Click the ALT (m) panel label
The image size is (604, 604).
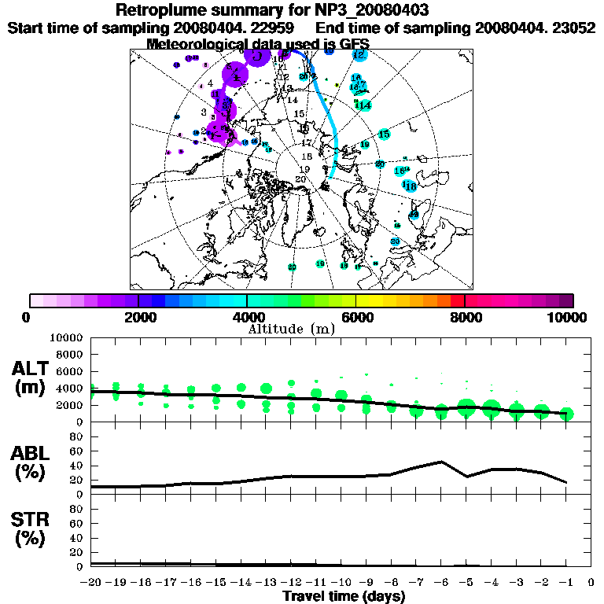pos(33,377)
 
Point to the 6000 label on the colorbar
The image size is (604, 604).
pos(356,317)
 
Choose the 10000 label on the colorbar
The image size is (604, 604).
pos(568,317)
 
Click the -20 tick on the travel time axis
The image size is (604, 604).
pos(91,583)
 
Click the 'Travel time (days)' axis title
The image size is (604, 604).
pos(344,596)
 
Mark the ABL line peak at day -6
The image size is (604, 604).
pos(441,462)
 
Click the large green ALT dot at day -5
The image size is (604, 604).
pos(466,407)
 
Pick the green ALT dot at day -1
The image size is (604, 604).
pos(566,414)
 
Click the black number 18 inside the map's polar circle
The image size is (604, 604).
pos(307,157)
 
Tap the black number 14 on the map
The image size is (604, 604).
pos(292,100)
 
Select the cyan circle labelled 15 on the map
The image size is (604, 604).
pos(384,134)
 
